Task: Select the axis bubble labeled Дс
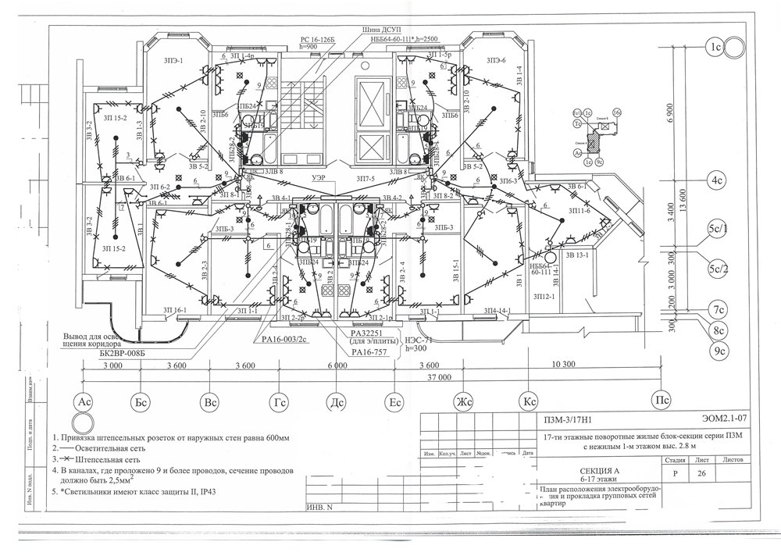point(337,402)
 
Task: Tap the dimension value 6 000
point(337,365)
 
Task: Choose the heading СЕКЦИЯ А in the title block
point(600,471)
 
